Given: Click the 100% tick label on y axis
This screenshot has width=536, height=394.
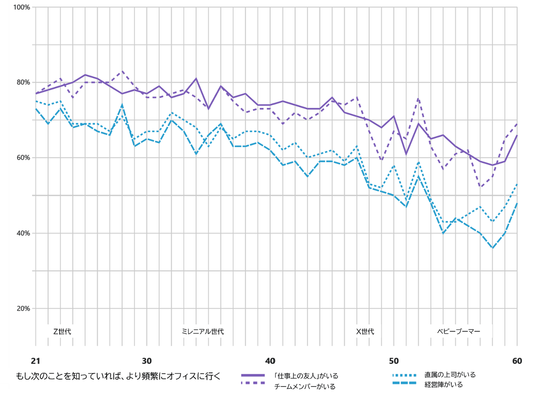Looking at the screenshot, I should coord(22,7).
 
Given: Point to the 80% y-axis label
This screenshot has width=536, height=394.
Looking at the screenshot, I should coord(23,82).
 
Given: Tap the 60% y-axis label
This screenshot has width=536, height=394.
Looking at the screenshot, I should coord(23,158).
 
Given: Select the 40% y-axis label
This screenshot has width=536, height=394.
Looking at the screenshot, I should coord(23,233).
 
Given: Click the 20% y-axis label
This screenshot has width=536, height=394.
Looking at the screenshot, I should coord(23,309).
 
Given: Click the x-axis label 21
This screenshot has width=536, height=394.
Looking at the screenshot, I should coord(36,361).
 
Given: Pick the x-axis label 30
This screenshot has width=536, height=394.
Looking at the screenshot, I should coord(147,361).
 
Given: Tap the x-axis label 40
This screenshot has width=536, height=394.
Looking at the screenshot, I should coord(270,361).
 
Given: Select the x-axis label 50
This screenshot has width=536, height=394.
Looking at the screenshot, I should coord(394,361).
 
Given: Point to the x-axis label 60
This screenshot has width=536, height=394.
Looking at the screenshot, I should coord(517,361).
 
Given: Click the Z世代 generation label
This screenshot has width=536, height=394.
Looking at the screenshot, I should coord(62,332).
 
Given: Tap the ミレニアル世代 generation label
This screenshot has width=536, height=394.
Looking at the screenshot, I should coord(203,332).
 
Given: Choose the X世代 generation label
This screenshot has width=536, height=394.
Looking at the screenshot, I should coord(365,332).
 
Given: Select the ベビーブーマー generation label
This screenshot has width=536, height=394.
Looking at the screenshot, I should coord(459,332).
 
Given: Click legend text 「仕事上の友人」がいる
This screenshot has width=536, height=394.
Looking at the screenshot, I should coord(306,376).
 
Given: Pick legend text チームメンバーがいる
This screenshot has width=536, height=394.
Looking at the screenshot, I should coord(305,387).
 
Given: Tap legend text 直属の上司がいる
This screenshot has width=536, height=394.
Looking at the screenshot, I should coord(450,375).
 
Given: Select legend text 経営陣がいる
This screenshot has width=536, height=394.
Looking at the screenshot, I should coord(443,385).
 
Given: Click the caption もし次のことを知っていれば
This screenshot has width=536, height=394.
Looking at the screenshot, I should coord(118,376).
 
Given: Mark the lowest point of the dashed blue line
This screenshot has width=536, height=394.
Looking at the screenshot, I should coord(492,248).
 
